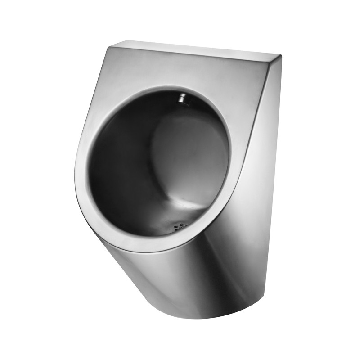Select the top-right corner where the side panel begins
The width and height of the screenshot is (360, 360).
tap(280, 56)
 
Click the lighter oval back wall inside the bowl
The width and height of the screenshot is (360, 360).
tap(189, 153)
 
